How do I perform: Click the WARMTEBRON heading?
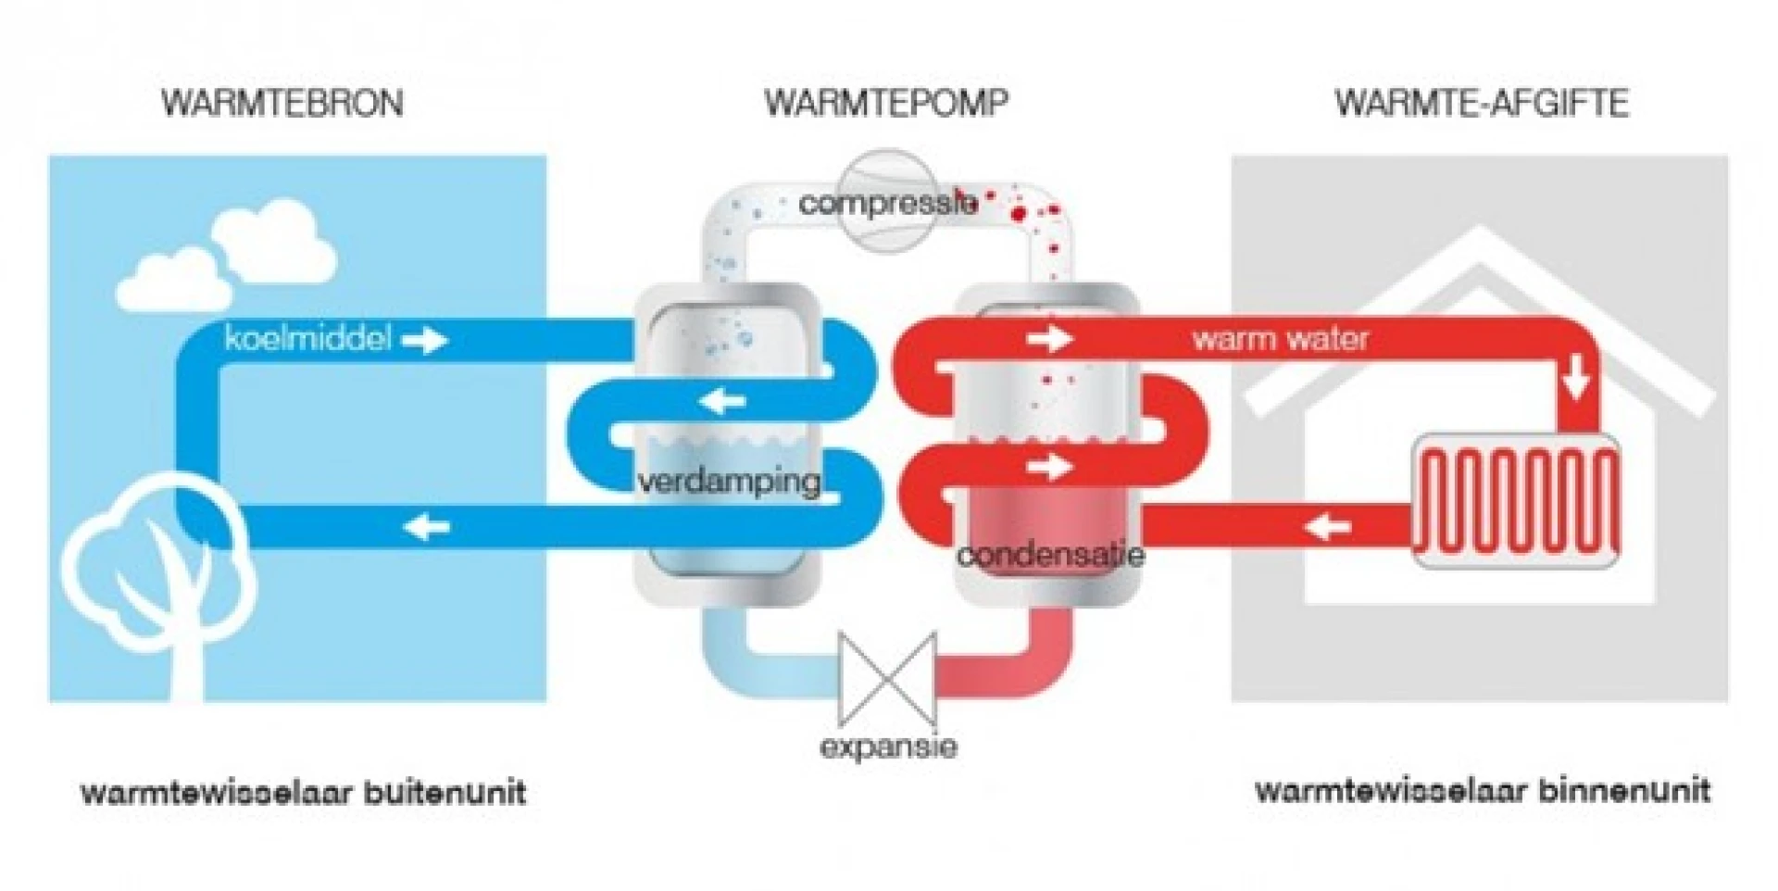point(282,103)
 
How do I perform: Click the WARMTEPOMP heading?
point(886,103)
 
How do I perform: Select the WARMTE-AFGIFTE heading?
point(1481,103)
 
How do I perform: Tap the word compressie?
point(887,203)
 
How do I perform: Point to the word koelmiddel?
point(307,339)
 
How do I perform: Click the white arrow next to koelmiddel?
point(425,341)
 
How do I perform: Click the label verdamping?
point(729,481)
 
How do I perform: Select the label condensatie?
point(1050,555)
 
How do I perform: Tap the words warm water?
point(1280,339)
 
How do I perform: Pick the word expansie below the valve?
point(887,747)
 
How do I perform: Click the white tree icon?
point(159,574)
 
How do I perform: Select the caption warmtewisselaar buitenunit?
point(304,793)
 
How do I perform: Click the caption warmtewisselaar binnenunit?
point(1482,791)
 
